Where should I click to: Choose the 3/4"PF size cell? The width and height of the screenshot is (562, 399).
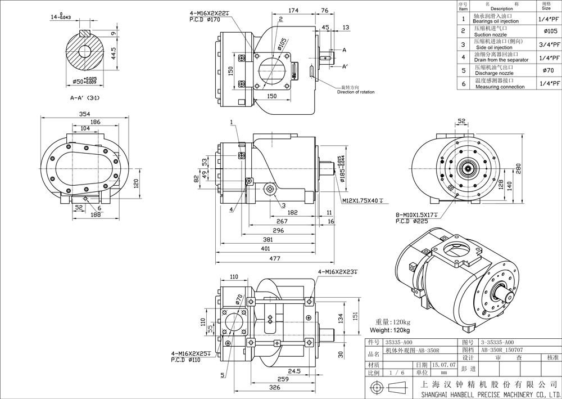coord(551,44)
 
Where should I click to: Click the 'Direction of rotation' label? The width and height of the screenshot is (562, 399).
coord(356,92)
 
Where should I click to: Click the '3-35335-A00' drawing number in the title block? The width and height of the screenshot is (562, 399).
coord(496,342)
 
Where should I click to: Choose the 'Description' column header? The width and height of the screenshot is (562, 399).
coord(501,8)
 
